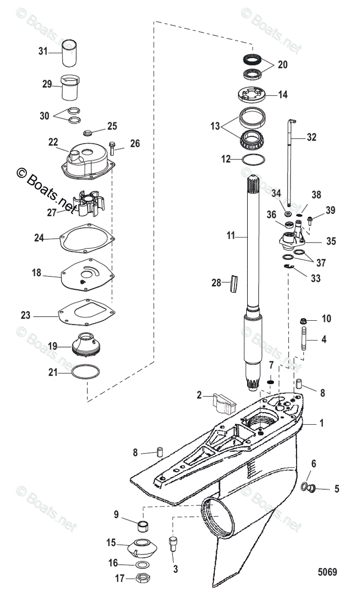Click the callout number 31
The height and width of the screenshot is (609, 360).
tap(43, 51)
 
